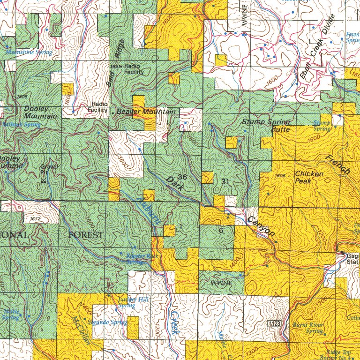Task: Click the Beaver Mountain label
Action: coord(145,112)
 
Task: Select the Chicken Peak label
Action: coord(309,177)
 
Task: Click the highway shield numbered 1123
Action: coord(275,324)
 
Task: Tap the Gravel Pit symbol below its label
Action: coord(44,181)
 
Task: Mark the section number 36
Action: coord(182,177)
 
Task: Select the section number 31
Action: coord(225,181)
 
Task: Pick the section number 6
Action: coord(221,230)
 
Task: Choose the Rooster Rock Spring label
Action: coord(142,259)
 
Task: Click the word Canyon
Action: coord(259,227)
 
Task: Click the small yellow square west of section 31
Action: coord(208,178)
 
